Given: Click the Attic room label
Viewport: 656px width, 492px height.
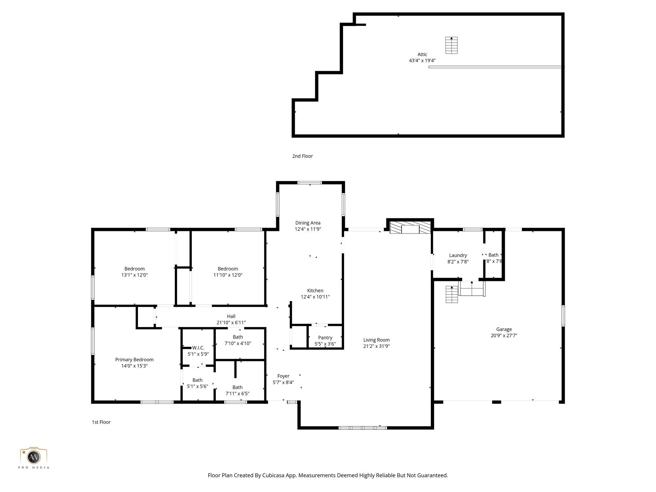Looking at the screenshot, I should click(x=422, y=54).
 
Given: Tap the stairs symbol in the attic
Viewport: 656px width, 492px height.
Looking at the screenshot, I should click(x=451, y=45).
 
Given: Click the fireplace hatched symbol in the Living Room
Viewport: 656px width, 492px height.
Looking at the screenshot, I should click(x=410, y=227).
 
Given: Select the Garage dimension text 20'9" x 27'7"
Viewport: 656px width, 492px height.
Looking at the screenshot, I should click(x=504, y=335).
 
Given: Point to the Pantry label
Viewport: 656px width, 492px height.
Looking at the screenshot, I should click(x=325, y=338).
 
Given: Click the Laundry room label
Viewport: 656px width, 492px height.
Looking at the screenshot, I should click(x=458, y=255).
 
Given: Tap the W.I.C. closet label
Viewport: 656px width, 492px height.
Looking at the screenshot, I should click(x=198, y=348).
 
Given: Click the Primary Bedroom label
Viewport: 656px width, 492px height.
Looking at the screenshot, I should click(x=134, y=360).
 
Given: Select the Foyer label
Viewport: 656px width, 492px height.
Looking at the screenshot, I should click(x=283, y=376).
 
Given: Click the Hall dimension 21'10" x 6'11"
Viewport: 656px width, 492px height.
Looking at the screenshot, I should click(x=231, y=323).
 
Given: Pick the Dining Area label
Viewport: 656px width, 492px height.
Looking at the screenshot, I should click(x=307, y=223).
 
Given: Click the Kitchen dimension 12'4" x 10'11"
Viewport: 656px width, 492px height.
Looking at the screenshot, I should click(x=315, y=297).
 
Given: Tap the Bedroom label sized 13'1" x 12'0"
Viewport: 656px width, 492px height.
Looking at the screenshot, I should click(x=134, y=269).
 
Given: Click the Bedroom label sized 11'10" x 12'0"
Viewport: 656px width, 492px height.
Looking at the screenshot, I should click(x=228, y=269).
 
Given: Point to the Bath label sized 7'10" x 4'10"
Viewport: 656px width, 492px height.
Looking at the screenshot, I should click(x=238, y=337).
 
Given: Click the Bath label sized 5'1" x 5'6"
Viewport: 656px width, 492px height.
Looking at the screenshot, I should click(x=197, y=380).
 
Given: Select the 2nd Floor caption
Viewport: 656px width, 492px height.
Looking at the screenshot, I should click(x=302, y=156).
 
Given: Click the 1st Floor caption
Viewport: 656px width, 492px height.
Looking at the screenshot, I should click(x=101, y=422).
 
